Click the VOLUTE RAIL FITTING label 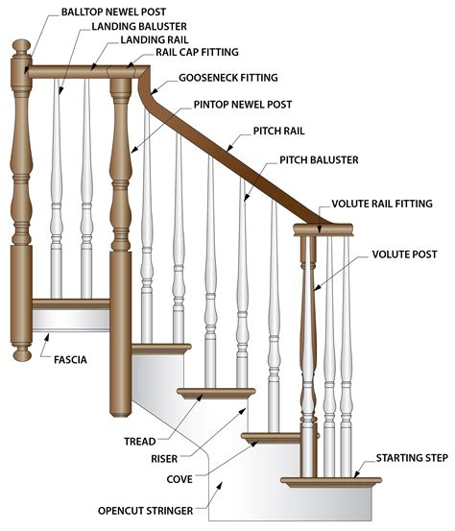coord(381,204)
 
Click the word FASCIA coord(72,360)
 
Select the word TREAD coord(139,441)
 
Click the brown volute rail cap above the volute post coord(323,229)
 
